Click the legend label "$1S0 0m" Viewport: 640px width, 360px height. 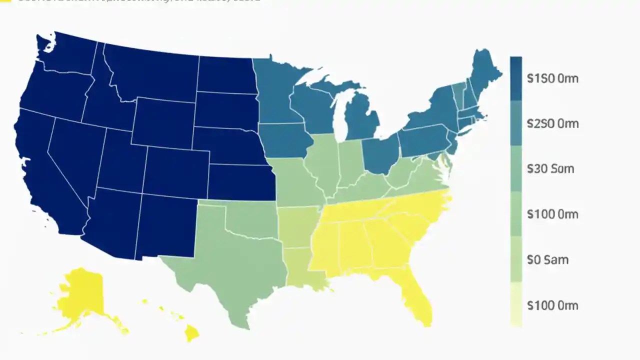[552, 78]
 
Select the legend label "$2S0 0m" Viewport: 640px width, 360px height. [552, 123]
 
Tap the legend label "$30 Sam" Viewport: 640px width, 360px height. [550, 169]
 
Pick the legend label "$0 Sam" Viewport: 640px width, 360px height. [547, 260]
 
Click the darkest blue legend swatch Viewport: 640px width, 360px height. [516, 78]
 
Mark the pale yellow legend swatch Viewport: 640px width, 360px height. [516, 305]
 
